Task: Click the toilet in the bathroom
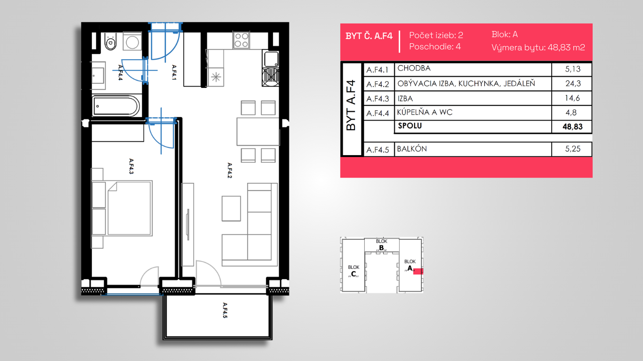[111, 41]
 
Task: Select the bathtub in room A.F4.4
[116, 106]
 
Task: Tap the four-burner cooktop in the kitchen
[241, 40]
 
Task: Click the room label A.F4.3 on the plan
[131, 166]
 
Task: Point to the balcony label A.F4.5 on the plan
[225, 310]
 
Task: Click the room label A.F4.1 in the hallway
[174, 72]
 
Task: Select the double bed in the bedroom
[130, 208]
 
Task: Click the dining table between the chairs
[258, 131]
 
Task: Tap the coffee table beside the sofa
[231, 208]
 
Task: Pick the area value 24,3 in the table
[573, 84]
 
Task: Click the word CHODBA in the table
[414, 68]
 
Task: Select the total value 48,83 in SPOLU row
[572, 127]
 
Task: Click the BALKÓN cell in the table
[412, 149]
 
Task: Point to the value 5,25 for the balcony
[573, 149]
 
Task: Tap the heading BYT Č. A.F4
[369, 36]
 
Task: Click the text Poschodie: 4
[435, 47]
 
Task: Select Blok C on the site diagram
[354, 271]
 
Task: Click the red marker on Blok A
[418, 271]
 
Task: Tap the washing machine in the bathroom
[132, 41]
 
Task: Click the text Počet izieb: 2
[436, 35]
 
